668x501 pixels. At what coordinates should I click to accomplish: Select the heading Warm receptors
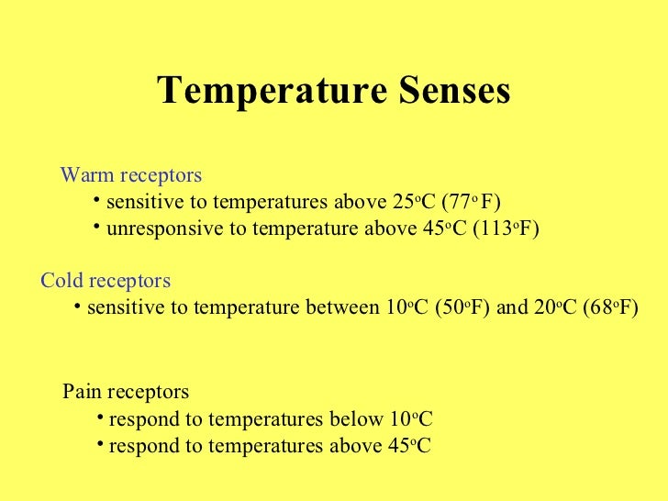pos(130,174)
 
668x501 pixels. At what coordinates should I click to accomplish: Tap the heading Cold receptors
pos(106,280)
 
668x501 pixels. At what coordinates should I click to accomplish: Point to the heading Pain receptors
pos(126,392)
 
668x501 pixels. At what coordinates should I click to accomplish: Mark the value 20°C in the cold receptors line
pos(555,307)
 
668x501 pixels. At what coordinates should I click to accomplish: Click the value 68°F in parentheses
pos(611,307)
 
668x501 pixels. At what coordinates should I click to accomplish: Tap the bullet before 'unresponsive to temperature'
pos(97,228)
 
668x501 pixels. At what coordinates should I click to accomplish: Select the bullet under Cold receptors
pos(78,306)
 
